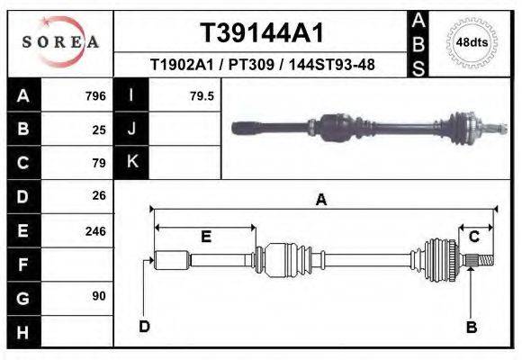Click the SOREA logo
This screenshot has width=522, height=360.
60,42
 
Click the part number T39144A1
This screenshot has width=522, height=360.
261,33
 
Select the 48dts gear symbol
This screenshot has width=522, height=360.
472,42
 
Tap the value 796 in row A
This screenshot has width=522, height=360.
95,95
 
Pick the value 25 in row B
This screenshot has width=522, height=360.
99,130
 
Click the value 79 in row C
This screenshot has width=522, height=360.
99,163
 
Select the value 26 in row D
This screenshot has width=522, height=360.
99,195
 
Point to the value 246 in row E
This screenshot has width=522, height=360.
95,230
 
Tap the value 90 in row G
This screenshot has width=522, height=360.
99,296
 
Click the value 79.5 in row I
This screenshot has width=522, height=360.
202,95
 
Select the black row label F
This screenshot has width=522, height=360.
22,265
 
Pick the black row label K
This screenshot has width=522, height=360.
132,162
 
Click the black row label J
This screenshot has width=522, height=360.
132,129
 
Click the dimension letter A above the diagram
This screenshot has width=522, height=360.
320,201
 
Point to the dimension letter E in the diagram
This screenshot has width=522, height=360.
205,237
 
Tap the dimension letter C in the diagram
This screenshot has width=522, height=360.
473,237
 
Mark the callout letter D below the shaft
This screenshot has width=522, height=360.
144,326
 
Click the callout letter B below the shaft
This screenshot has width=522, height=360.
471,327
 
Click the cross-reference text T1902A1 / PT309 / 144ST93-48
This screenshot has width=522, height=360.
262,65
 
